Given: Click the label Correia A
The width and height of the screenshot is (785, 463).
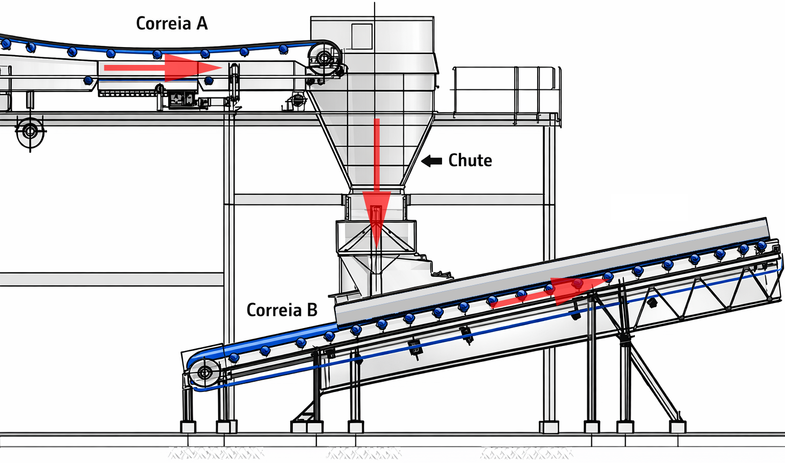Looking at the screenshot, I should point(172,24).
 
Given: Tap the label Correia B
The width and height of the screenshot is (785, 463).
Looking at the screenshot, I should point(282,310).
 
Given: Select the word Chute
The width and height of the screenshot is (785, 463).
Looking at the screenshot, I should point(470,160).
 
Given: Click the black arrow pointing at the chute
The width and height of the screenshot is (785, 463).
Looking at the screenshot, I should point(432,161).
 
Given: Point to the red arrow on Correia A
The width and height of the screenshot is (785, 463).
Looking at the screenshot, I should point(164,68).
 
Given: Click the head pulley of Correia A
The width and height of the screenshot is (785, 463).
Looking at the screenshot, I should point(324,57).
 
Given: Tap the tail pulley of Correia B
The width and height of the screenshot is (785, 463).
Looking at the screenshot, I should point(204,372).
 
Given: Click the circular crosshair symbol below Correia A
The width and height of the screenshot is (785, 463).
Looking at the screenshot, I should point(30,131).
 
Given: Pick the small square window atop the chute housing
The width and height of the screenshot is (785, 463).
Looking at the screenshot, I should point(361,36).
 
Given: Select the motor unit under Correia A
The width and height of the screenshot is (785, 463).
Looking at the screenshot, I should point(183,99).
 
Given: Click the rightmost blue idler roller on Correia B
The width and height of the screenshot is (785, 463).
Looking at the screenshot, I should point(761,246).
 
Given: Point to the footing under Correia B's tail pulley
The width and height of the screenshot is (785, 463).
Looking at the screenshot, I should point(188,426).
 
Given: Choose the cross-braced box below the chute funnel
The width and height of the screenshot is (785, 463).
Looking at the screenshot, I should point(376,237).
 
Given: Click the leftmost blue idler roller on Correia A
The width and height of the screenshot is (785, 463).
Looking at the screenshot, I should point(6,44).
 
